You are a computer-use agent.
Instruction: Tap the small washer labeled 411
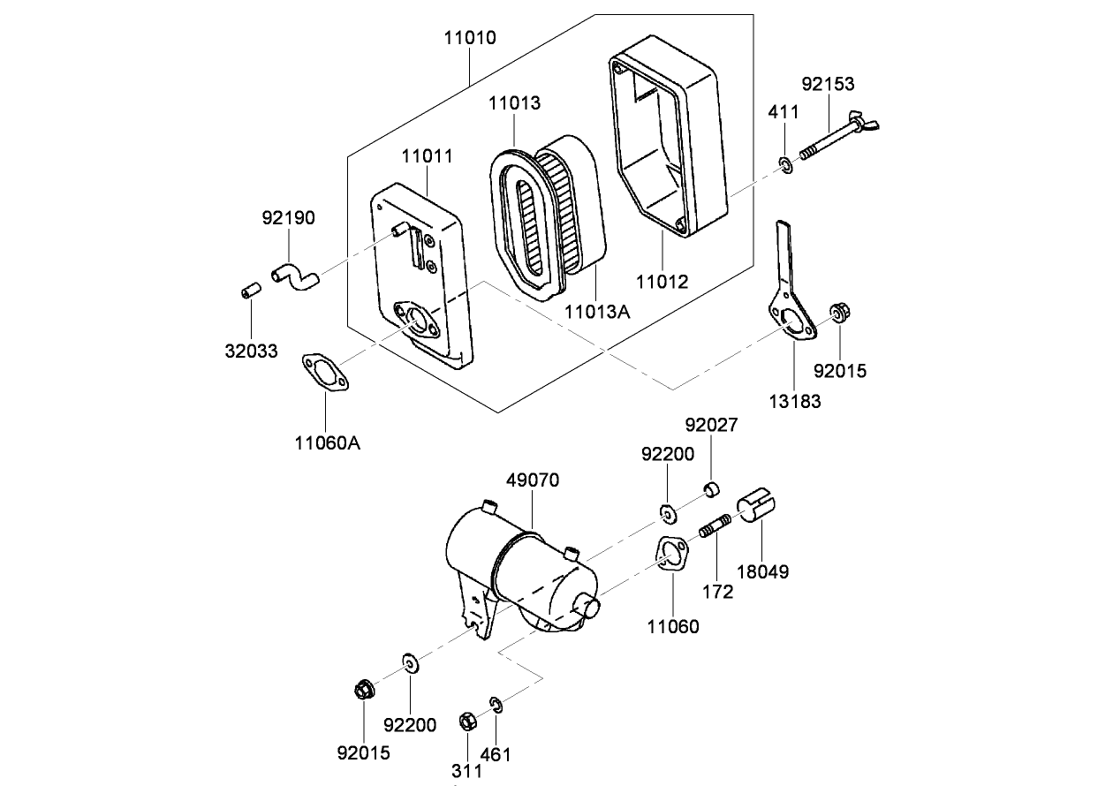point(784,164)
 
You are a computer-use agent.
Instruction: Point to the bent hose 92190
point(295,276)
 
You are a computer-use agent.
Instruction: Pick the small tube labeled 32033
point(249,290)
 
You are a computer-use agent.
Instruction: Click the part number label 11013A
point(596,311)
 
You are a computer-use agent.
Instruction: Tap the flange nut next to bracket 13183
point(836,314)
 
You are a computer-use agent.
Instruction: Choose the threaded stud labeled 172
point(714,528)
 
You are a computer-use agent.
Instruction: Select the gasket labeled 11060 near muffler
point(673,555)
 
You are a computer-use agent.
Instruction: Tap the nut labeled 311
point(468,721)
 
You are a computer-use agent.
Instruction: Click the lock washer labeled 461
point(497,704)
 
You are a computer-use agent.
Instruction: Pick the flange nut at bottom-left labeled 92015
point(362,689)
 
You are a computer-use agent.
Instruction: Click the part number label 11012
point(662,281)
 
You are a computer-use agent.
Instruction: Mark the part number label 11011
point(427,156)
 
